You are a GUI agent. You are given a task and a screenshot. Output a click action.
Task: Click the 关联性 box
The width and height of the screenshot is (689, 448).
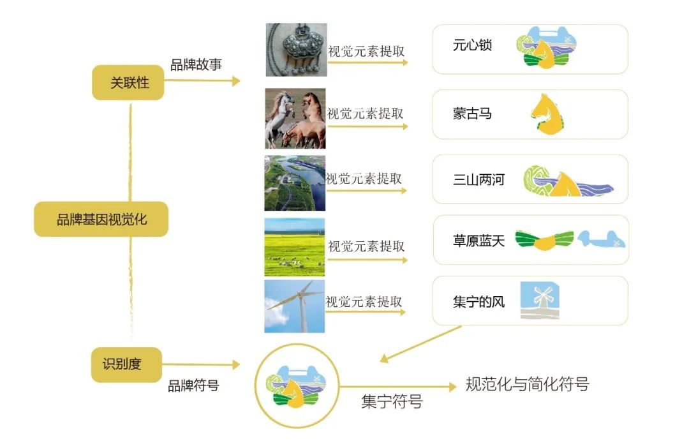128,83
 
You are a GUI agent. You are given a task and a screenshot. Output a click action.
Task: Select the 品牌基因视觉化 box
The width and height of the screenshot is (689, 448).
101,219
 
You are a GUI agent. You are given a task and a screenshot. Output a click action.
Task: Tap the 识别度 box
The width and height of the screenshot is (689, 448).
126,364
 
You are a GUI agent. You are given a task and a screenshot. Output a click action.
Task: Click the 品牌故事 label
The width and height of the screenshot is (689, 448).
196,64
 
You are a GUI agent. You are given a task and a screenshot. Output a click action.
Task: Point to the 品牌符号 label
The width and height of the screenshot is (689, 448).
193,385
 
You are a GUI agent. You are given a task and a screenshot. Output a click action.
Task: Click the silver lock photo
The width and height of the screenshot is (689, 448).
296,50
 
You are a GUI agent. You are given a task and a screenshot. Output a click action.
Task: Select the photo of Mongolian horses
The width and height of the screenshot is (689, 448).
295,118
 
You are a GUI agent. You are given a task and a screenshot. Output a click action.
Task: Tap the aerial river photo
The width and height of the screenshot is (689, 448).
295,183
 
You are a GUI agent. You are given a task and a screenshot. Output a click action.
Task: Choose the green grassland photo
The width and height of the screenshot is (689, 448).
294,247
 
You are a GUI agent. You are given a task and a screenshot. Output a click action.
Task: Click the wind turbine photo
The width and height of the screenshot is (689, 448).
294,306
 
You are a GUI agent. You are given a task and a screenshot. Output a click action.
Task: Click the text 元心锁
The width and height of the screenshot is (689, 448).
472,45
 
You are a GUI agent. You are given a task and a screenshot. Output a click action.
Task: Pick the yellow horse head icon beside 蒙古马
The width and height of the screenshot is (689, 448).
547,114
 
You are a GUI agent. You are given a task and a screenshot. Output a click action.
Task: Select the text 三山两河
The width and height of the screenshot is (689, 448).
478,179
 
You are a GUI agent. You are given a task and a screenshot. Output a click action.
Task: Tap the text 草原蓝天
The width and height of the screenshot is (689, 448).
478,241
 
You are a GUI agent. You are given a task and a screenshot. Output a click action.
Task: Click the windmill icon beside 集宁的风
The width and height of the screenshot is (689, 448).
540,301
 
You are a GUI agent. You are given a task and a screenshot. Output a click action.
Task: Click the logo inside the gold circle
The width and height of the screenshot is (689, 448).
296,385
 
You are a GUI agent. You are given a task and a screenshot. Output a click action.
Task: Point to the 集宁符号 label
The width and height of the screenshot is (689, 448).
392,401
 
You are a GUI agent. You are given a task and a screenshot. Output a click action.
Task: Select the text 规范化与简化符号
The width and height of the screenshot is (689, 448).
528,384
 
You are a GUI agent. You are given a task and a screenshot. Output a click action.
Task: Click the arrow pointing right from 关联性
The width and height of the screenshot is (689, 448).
202,81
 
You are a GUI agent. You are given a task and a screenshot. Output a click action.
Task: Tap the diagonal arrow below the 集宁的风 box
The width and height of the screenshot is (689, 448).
420,344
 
